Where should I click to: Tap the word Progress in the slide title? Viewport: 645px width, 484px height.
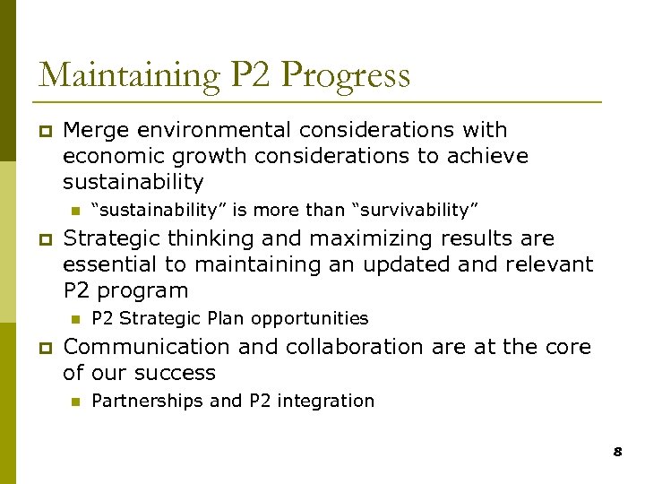346,74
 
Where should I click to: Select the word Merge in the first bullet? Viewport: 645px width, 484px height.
91,131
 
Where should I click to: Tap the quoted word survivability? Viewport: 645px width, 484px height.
417,211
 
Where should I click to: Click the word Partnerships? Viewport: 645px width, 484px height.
147,402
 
